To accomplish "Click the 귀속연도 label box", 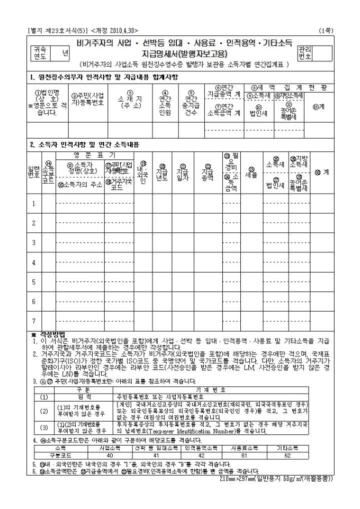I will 40,52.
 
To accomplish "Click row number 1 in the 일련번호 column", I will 34,204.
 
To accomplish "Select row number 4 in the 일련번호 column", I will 34,262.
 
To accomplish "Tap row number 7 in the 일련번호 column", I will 34,321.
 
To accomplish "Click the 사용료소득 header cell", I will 244,448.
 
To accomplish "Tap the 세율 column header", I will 251,173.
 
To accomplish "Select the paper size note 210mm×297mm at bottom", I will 276,479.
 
